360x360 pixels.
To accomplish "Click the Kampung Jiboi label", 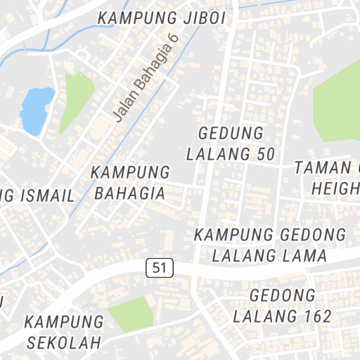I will click(x=162, y=18).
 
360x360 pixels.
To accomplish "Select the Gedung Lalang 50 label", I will click(x=231, y=143).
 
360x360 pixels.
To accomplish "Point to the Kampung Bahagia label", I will click(x=131, y=182).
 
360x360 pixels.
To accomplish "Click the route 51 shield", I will click(x=160, y=267).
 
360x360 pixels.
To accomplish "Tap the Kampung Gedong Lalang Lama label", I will click(x=271, y=245).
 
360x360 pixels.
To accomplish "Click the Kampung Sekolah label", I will click(x=64, y=332).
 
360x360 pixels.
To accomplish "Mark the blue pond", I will click(x=37, y=110).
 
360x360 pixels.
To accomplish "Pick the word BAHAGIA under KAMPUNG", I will click(x=131, y=193).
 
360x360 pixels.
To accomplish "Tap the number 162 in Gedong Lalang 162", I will click(x=314, y=316).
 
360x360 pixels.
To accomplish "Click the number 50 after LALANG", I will click(x=265, y=153).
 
